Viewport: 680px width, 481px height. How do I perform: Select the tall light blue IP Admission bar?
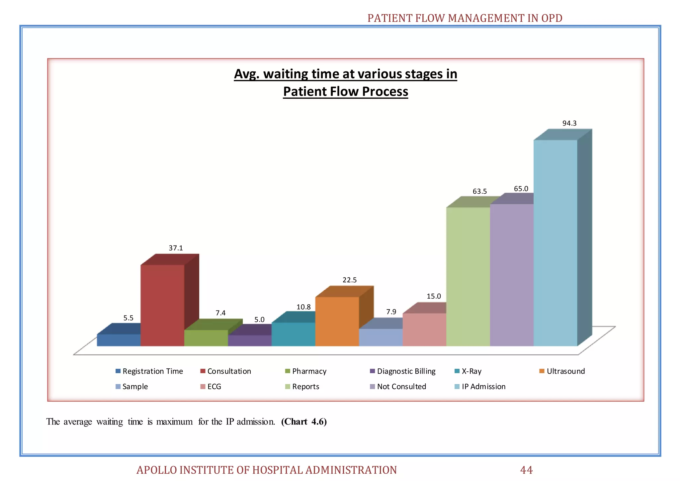point(555,242)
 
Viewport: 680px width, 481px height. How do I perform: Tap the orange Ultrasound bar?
point(337,321)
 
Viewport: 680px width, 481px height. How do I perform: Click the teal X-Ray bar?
point(293,334)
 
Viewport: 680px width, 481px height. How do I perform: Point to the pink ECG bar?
point(424,330)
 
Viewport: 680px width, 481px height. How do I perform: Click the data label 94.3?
point(569,123)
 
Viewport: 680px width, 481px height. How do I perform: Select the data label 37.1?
point(176,248)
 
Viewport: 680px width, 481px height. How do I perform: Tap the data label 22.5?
point(349,280)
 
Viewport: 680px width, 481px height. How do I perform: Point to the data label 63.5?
point(479,191)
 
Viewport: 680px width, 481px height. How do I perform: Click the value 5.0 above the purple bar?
point(259,320)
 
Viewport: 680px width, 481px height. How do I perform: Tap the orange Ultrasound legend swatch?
point(542,371)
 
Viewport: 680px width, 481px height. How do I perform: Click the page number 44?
point(526,470)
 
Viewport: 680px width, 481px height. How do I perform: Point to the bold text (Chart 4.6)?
point(304,422)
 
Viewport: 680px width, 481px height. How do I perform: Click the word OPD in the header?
point(552,18)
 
